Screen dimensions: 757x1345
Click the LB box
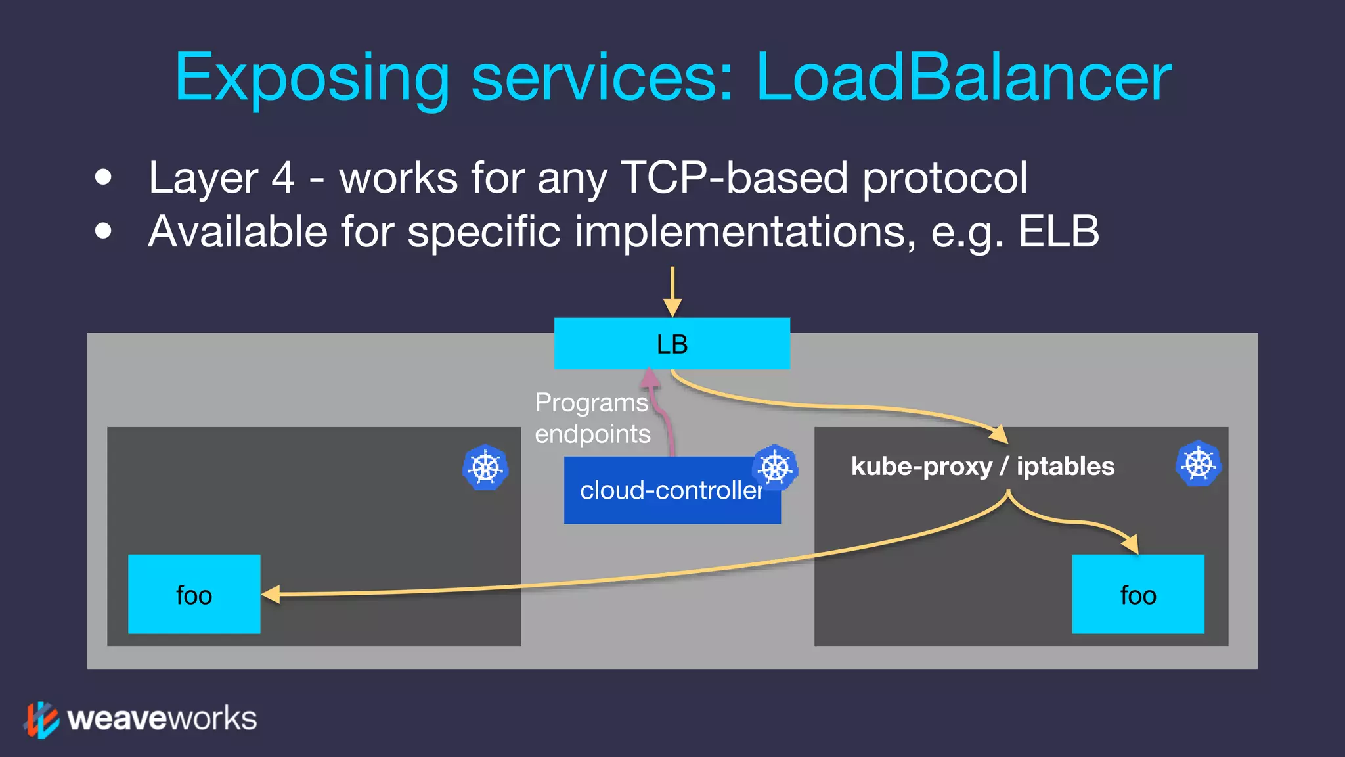(671, 344)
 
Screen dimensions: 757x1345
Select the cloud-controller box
(671, 491)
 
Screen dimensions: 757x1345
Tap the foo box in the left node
(194, 594)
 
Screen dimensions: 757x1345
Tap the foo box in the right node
(1137, 594)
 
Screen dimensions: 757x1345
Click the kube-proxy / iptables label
(982, 467)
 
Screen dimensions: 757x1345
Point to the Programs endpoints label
(592, 418)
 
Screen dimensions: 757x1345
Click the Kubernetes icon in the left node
(485, 467)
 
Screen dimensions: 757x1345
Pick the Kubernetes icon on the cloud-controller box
(775, 468)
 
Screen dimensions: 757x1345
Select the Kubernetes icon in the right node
(1198, 463)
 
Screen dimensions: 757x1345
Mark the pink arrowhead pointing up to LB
(650, 377)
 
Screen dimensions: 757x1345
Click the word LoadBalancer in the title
(963, 78)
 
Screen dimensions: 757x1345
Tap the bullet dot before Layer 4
(103, 177)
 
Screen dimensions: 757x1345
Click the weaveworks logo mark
(41, 720)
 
